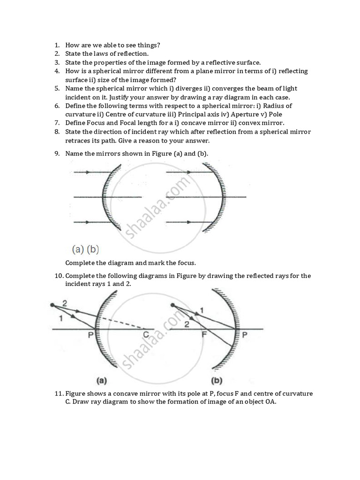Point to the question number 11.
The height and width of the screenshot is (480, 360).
tap(58, 393)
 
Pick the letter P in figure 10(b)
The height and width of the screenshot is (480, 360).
tap(243, 335)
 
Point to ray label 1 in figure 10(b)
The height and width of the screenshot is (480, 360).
tap(201, 310)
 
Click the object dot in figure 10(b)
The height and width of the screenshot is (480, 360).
tap(173, 306)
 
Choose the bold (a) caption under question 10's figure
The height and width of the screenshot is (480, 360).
tap(101, 381)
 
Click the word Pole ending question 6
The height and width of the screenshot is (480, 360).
tap(275, 114)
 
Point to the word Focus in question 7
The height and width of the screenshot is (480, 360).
tap(98, 123)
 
